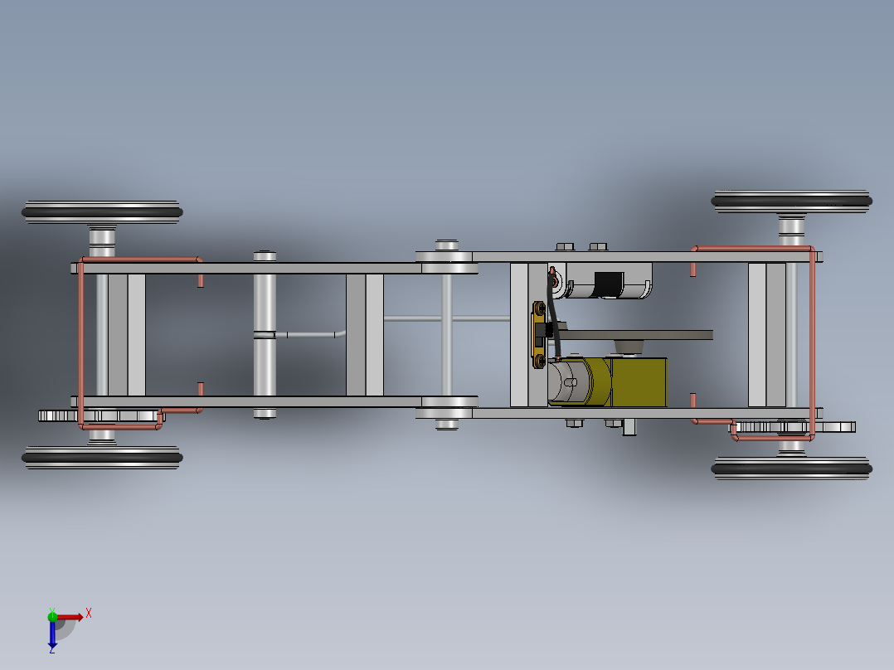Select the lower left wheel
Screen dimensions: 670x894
[x=101, y=456]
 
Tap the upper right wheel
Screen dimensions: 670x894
[x=791, y=201]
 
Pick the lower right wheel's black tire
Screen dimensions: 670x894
[x=791, y=469]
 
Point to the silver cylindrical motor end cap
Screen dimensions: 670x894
[x=568, y=382]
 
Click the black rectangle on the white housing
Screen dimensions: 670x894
[x=610, y=283]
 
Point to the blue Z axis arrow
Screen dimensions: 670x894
[x=52, y=635]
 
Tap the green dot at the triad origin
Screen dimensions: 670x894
[x=52, y=616]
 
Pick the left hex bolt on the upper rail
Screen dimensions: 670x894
[x=564, y=246]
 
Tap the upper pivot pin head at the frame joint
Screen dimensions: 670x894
[x=447, y=245]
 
